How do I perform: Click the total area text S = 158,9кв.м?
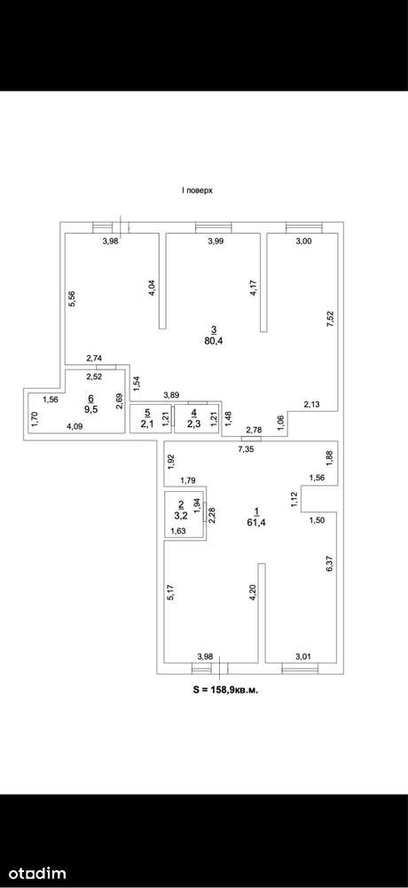click(x=226, y=690)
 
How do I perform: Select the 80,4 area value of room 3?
click(x=214, y=340)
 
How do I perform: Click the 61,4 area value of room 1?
click(x=256, y=521)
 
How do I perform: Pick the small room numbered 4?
click(x=196, y=418)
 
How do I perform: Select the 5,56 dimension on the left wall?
click(x=72, y=298)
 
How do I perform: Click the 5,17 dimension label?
click(x=172, y=591)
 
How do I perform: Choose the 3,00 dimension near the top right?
click(x=304, y=242)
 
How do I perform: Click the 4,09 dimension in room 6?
click(x=74, y=427)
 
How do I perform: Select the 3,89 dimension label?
click(x=172, y=394)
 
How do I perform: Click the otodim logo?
click(x=33, y=873)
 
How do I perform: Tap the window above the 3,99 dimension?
click(x=214, y=227)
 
